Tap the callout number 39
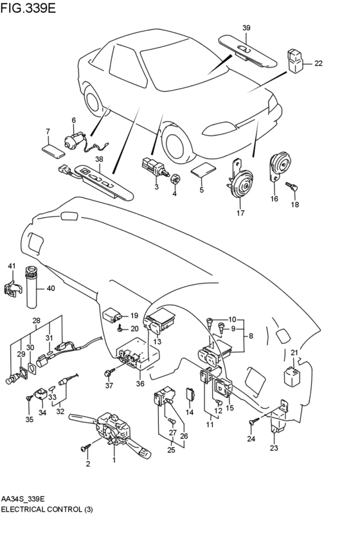pos(246,28)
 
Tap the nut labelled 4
pos(175,178)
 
